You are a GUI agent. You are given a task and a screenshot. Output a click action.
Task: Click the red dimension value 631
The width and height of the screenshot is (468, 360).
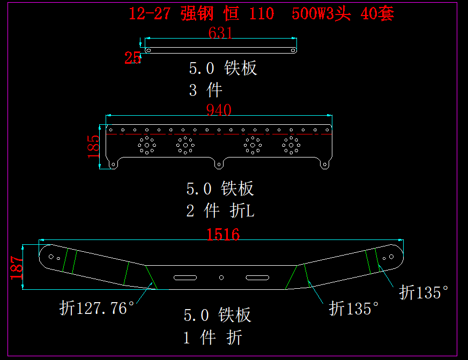(220, 33)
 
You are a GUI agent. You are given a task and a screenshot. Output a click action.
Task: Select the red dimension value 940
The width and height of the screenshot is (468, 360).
(219, 110)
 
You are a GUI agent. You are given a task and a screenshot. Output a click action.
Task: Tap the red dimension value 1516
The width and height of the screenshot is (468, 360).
(223, 234)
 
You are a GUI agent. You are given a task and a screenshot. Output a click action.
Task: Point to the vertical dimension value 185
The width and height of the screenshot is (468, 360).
(93, 146)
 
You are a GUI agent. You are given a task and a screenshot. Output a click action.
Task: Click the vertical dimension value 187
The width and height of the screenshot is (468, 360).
(17, 267)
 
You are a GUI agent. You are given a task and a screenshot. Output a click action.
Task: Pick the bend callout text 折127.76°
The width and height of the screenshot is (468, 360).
(96, 309)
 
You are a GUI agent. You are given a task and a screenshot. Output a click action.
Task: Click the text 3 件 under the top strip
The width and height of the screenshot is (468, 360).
(205, 89)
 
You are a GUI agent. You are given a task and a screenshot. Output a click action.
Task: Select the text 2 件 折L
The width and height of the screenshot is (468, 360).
(220, 211)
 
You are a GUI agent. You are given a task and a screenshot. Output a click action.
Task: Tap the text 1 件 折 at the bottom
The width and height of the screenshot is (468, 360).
(213, 337)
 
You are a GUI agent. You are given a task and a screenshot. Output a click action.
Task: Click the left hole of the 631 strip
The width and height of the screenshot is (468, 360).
(148, 50)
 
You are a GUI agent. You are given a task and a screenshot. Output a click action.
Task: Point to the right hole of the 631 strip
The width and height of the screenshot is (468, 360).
(293, 50)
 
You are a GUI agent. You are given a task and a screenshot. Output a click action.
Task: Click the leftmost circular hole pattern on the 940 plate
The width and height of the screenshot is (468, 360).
(146, 145)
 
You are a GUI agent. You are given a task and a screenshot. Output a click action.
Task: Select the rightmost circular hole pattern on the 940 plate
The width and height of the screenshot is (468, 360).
(291, 145)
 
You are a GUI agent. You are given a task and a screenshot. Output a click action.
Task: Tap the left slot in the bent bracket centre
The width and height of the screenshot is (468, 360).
(184, 277)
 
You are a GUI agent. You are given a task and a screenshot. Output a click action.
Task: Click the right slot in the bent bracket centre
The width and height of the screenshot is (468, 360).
(257, 277)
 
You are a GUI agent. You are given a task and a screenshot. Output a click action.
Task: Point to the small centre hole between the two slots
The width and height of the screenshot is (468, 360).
(221, 277)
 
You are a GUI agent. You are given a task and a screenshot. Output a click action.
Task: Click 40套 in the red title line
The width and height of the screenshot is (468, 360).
(377, 14)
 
